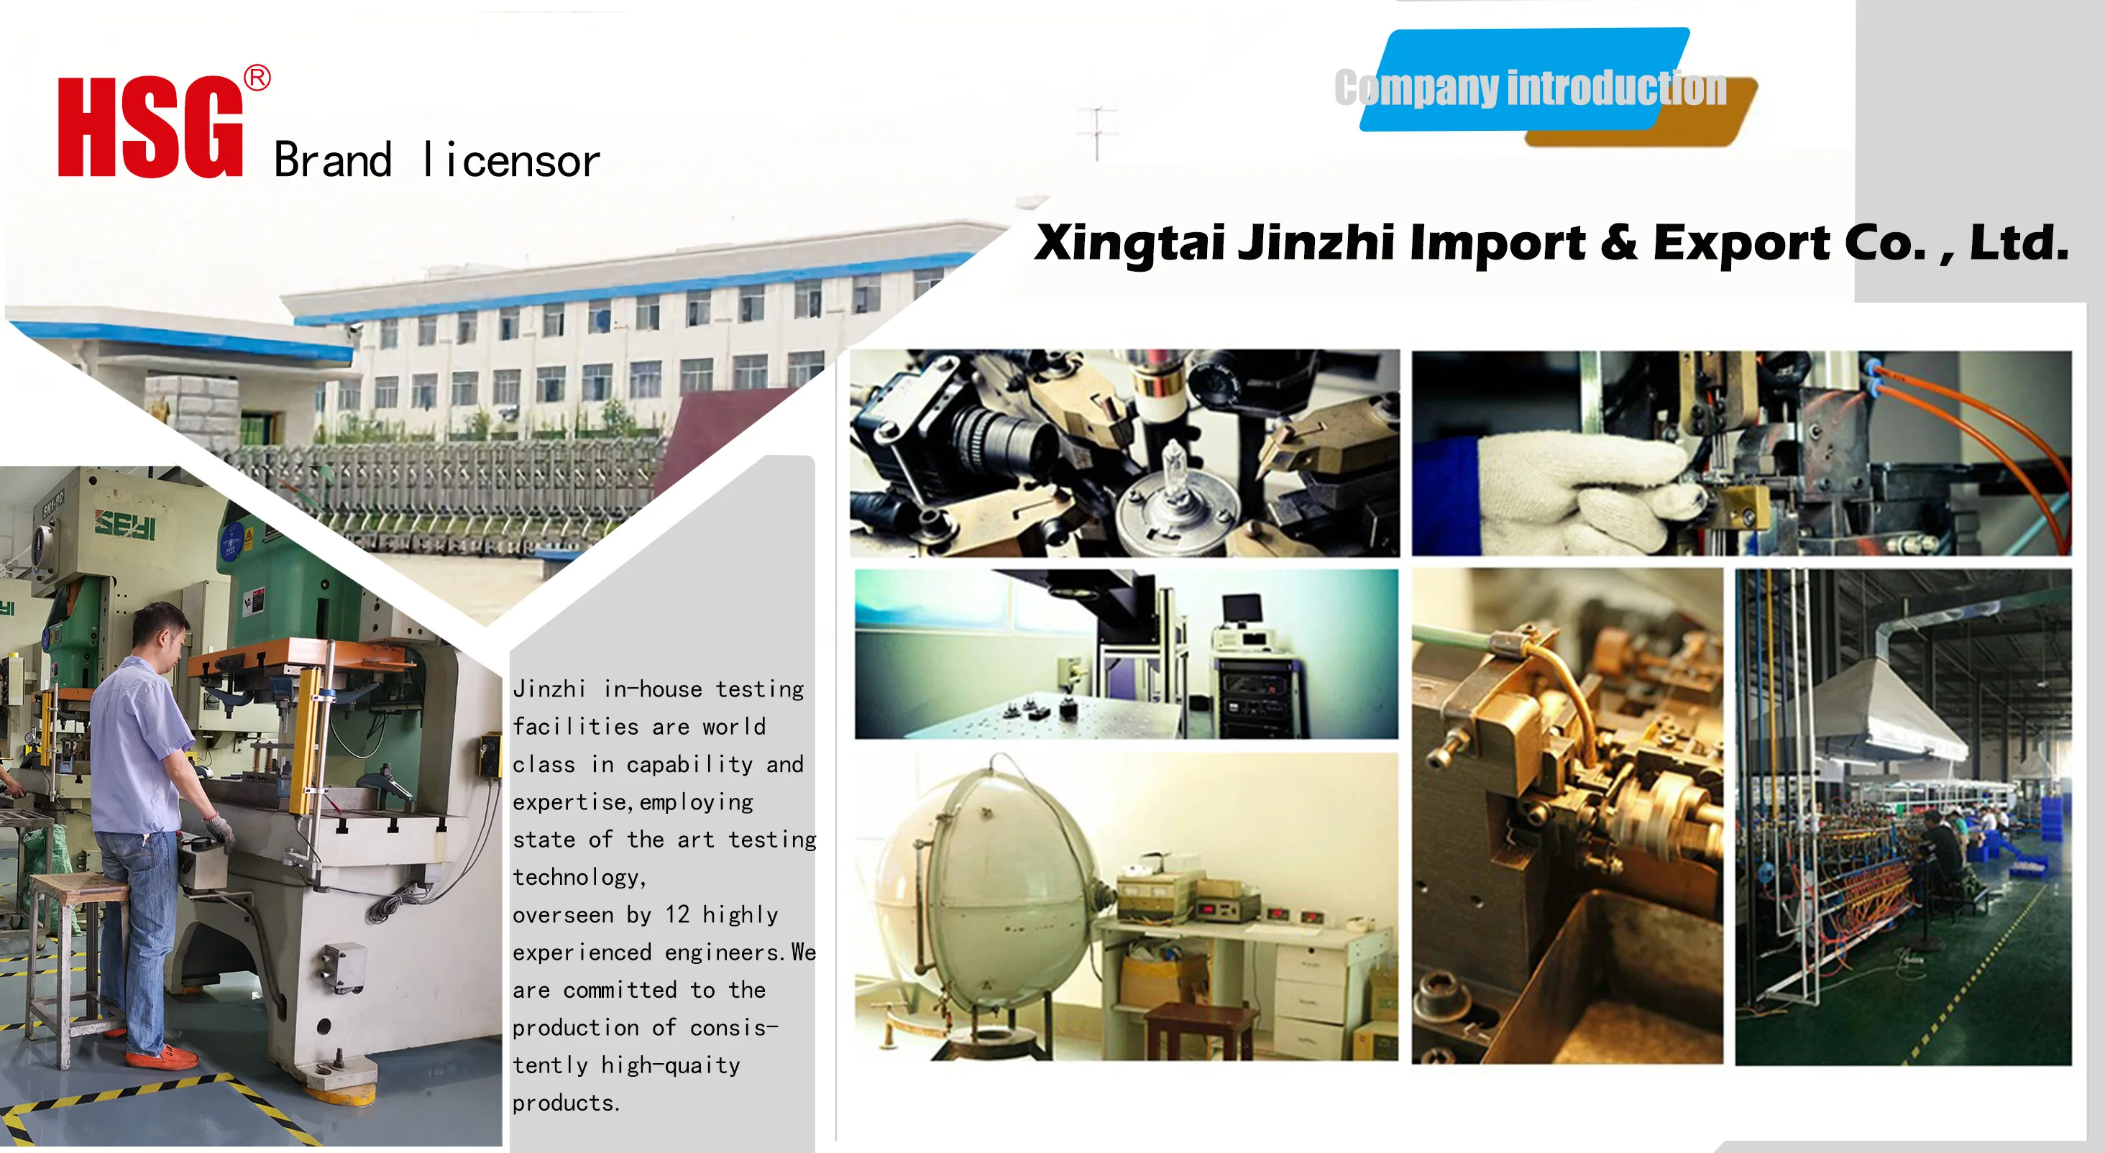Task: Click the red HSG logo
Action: click(150, 127)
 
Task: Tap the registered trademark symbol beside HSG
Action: click(257, 78)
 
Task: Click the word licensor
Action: click(512, 160)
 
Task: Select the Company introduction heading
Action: click(1531, 88)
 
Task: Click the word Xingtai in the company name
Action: click(1129, 243)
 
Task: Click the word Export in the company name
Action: click(1741, 244)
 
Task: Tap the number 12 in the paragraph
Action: click(677, 914)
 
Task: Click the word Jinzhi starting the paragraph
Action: click(549, 688)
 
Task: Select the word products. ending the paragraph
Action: click(567, 1103)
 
